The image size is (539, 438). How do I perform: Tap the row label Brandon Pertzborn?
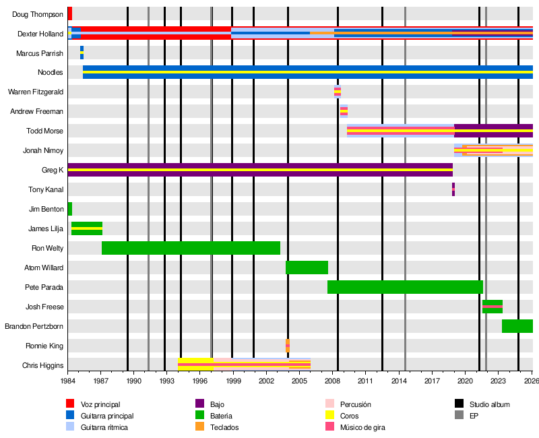pos(34,327)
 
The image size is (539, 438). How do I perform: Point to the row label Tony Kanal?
pos(46,190)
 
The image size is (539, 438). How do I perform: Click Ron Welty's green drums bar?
pos(191,248)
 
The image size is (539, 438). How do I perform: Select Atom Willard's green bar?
pos(307,268)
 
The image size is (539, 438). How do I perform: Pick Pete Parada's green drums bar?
pos(405,287)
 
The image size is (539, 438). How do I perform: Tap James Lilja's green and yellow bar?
pos(87,228)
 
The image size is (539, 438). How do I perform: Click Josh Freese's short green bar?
pos(493,307)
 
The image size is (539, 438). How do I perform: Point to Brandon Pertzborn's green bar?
pos(517,326)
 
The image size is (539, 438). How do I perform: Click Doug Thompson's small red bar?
pos(69,13)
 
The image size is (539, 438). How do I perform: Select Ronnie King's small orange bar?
pos(288,346)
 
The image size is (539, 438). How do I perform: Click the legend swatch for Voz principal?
pos(69,404)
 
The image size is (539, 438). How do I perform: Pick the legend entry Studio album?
pos(489,404)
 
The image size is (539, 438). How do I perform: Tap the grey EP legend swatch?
pos(459,415)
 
